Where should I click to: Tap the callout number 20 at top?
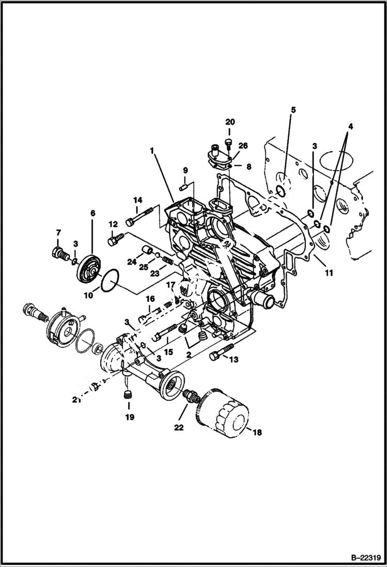tap(230, 122)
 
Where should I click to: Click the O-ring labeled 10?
tap(110, 283)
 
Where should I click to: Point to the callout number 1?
tap(152, 151)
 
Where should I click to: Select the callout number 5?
tap(292, 110)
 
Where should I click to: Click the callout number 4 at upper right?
tap(350, 126)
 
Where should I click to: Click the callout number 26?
tap(243, 146)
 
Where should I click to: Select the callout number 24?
tap(132, 263)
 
